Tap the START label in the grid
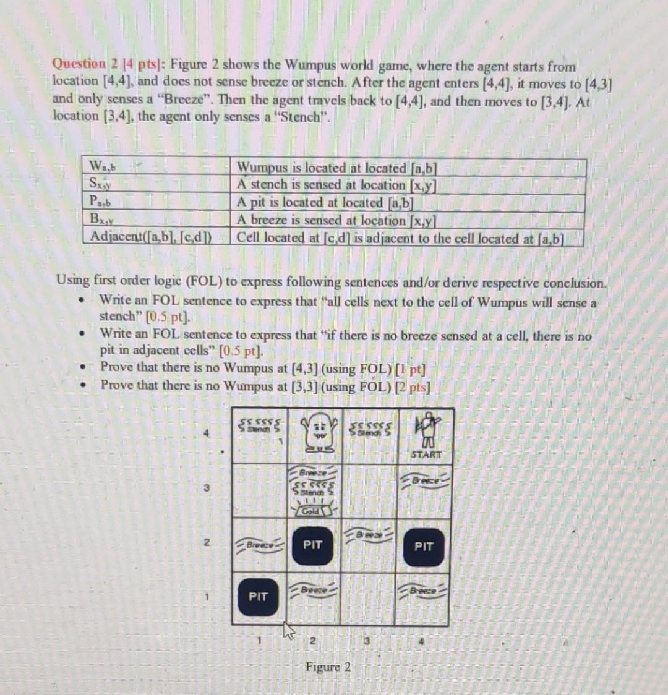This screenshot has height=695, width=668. coord(426,454)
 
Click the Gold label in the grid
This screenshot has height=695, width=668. coord(311,510)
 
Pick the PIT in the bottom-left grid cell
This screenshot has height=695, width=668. coord(258,597)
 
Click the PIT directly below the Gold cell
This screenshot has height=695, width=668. coord(313,545)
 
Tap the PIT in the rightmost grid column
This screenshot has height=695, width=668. coord(424,547)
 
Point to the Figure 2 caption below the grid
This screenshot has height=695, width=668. coord(328,667)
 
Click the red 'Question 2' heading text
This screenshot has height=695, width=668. coord(79,63)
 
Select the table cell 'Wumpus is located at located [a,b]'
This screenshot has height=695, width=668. coord(338,168)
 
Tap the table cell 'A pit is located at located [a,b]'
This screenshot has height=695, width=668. coord(325,202)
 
